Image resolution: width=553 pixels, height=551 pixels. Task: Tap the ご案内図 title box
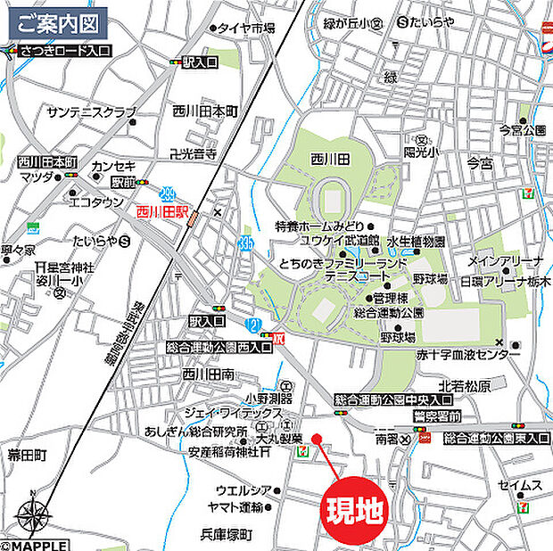(x=59, y=21)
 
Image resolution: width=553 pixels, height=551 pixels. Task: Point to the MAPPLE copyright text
(x=34, y=544)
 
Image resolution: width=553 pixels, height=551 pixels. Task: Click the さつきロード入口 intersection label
(x=63, y=51)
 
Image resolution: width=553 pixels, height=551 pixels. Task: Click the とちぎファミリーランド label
(x=343, y=265)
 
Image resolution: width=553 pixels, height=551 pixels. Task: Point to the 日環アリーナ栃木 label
(x=506, y=281)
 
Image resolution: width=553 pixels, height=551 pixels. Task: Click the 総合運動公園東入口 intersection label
(x=496, y=438)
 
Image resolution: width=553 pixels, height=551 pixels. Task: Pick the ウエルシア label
(x=242, y=489)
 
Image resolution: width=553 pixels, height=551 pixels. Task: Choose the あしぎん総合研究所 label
(x=183, y=432)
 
